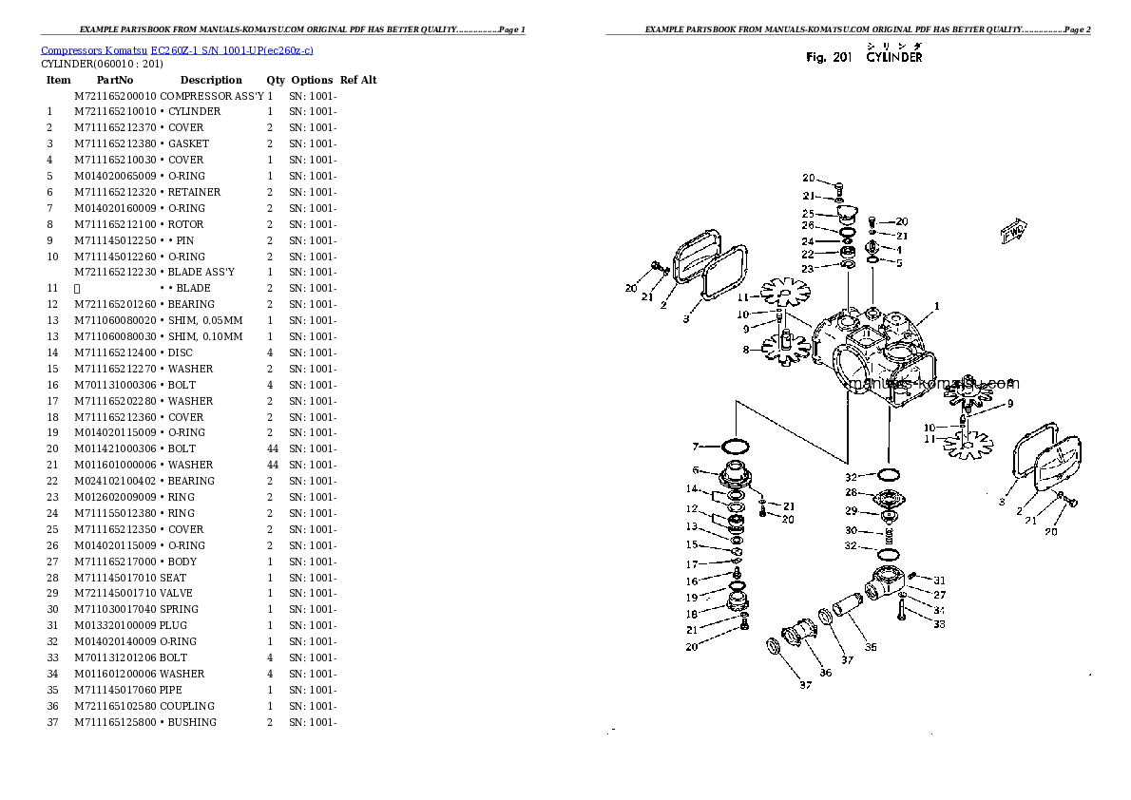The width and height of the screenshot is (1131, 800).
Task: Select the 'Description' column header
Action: pyautogui.click(x=211, y=80)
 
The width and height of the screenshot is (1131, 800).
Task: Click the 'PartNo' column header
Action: pyautogui.click(x=115, y=80)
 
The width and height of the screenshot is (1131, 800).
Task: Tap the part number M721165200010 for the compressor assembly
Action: pyautogui.click(x=115, y=96)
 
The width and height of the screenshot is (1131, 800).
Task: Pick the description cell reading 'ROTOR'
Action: pyautogui.click(x=186, y=224)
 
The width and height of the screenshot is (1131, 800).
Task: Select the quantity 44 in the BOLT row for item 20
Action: pyautogui.click(x=272, y=448)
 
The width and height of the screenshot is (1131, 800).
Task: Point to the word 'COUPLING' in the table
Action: pyautogui.click(x=187, y=706)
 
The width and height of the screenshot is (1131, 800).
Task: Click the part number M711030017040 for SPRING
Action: pyautogui.click(x=115, y=609)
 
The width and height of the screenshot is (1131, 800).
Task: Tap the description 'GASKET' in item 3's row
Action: pyautogui.click(x=188, y=143)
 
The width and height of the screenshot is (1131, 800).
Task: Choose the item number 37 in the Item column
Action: pyautogui.click(x=53, y=722)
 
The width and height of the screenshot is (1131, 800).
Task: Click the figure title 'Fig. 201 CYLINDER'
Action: pyautogui.click(x=863, y=58)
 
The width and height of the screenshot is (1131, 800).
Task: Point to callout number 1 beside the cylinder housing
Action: pyautogui.click(x=936, y=306)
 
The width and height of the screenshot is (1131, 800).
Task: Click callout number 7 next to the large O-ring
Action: pyautogui.click(x=696, y=447)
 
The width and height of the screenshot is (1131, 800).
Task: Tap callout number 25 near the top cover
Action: pyautogui.click(x=808, y=214)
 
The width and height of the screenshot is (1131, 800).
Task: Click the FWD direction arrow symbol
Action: pyautogui.click(x=1014, y=229)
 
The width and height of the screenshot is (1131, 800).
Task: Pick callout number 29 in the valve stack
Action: pyautogui.click(x=852, y=511)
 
